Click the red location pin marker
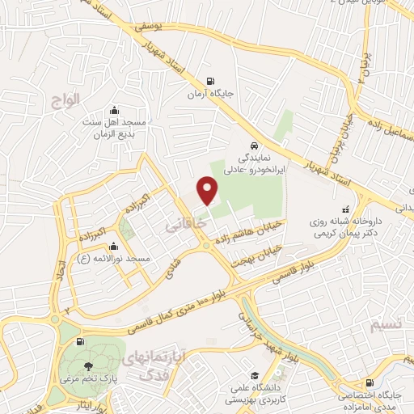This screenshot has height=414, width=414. [x=209, y=191]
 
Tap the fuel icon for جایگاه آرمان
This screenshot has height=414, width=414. [x=211, y=81]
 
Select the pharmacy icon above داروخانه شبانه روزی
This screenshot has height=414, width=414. [x=346, y=208]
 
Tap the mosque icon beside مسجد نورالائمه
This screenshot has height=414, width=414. [x=112, y=247]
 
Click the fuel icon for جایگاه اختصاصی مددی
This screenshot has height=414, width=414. [x=370, y=382]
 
